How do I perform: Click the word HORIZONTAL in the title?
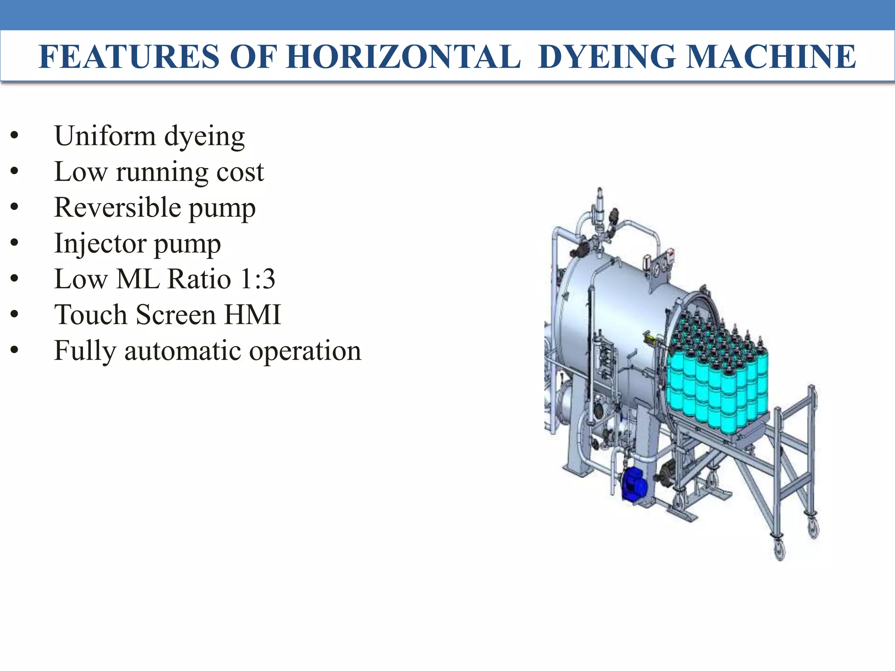[403, 57]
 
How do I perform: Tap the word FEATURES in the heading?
[129, 57]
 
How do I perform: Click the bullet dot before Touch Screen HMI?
[14, 315]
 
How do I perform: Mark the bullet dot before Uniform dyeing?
[14, 135]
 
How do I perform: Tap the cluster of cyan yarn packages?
[717, 376]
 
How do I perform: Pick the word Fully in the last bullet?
[85, 351]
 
